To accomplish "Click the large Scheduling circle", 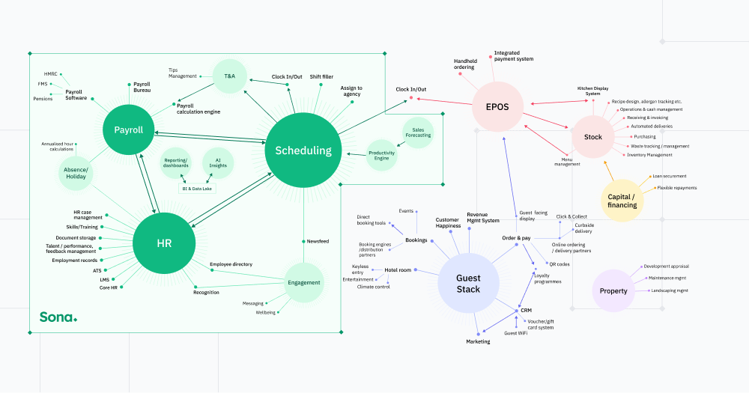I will click(x=303, y=150).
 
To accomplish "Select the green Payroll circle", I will click(x=128, y=130).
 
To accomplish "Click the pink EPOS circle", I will click(x=497, y=107).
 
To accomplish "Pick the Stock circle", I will click(x=593, y=137).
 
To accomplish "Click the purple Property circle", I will click(x=613, y=290).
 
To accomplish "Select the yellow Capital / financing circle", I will click(x=622, y=200).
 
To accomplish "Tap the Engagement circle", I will click(x=304, y=282).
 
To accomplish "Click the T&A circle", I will click(x=229, y=75).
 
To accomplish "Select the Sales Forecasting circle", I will click(x=418, y=132).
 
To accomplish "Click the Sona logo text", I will click(x=58, y=317).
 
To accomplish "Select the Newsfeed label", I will click(x=318, y=241).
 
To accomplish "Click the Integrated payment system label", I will click(x=514, y=56).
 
